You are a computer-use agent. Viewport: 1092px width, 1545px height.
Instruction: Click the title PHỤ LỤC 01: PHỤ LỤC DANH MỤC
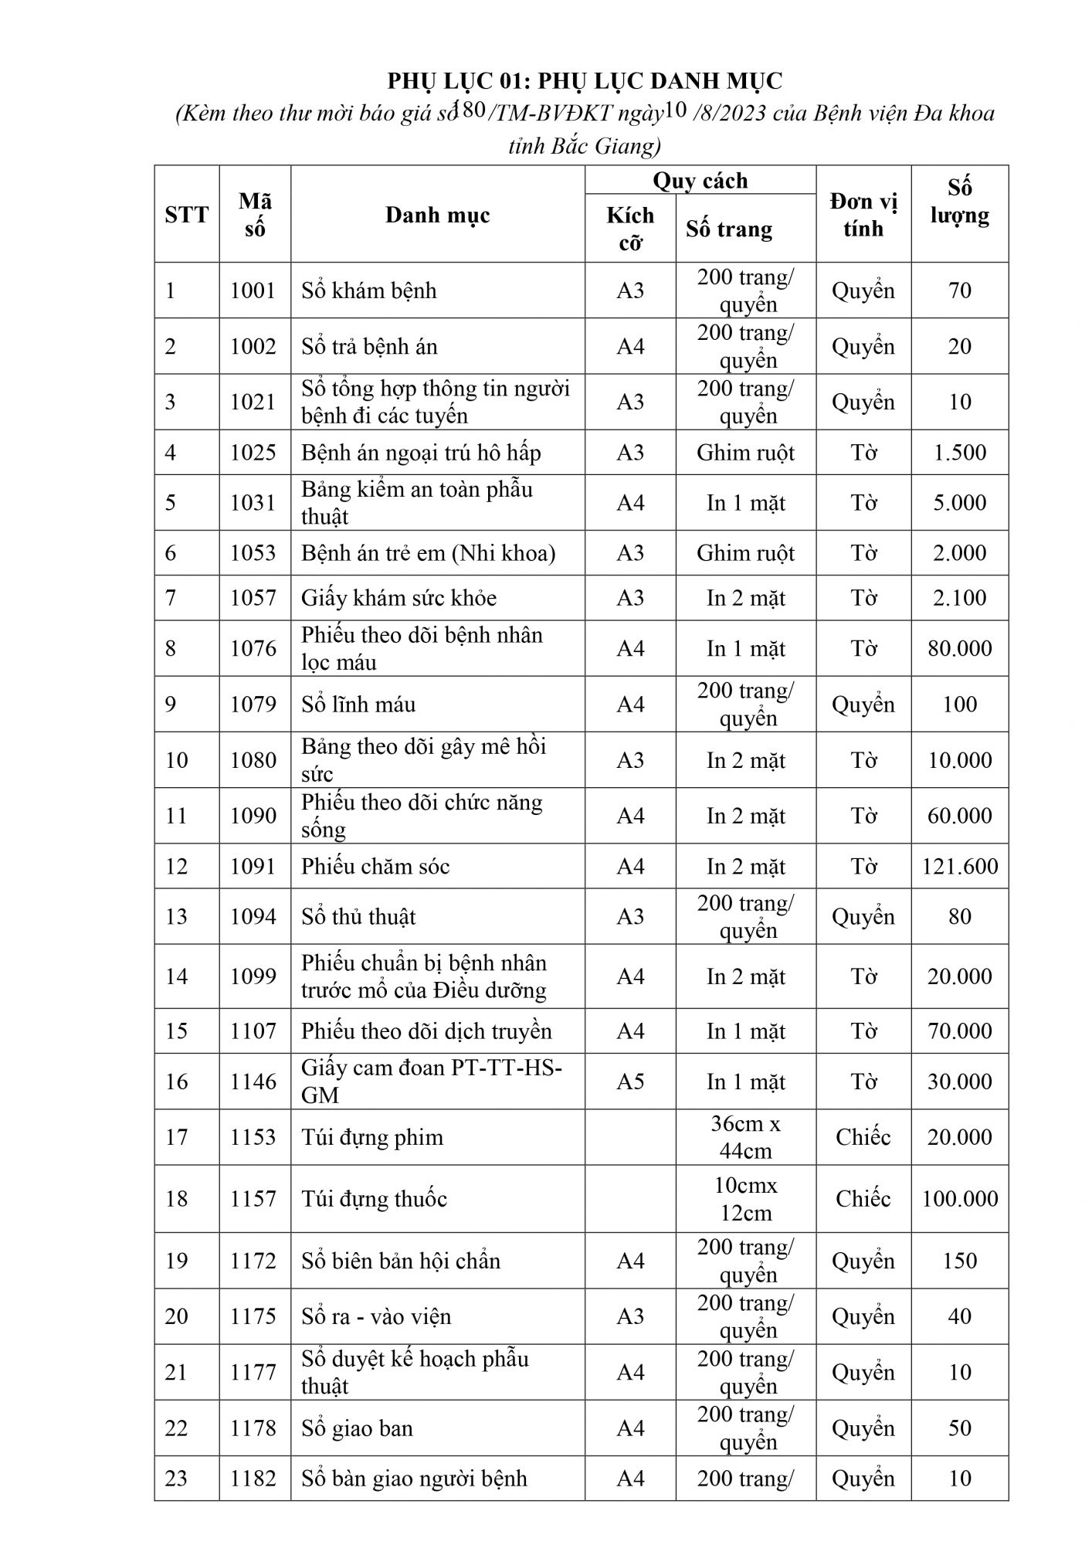(x=585, y=80)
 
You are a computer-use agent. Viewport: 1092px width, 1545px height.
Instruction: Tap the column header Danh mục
(x=437, y=215)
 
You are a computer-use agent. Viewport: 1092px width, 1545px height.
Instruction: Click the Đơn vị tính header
(x=863, y=215)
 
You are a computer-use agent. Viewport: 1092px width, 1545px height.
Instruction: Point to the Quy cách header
(x=700, y=181)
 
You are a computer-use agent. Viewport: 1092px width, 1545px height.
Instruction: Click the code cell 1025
(x=253, y=453)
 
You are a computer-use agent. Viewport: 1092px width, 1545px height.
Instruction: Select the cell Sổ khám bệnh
(x=369, y=290)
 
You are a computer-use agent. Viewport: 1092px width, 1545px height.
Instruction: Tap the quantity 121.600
(x=959, y=866)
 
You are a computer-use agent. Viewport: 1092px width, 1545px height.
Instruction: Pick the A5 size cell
(x=630, y=1081)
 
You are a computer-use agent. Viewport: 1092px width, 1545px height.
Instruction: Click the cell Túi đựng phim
(x=372, y=1137)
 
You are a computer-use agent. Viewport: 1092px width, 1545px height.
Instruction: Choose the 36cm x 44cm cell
(x=745, y=1137)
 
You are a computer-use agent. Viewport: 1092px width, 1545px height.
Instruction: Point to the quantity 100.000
(x=959, y=1198)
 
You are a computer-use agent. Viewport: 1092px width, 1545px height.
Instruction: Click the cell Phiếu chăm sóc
(x=375, y=866)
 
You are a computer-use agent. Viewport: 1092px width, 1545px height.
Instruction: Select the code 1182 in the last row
(x=253, y=1478)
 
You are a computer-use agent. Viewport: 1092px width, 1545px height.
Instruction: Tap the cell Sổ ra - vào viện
(x=376, y=1316)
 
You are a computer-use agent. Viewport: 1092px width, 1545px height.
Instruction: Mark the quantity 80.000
(x=959, y=648)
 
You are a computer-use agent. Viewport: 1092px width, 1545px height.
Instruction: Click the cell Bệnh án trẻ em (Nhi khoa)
(x=428, y=553)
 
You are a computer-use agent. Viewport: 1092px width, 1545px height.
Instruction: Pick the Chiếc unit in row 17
(x=863, y=1137)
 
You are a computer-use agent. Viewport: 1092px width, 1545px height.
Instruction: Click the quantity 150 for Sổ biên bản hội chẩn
(x=959, y=1260)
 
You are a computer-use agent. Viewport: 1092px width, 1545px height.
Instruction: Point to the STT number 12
(x=177, y=866)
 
